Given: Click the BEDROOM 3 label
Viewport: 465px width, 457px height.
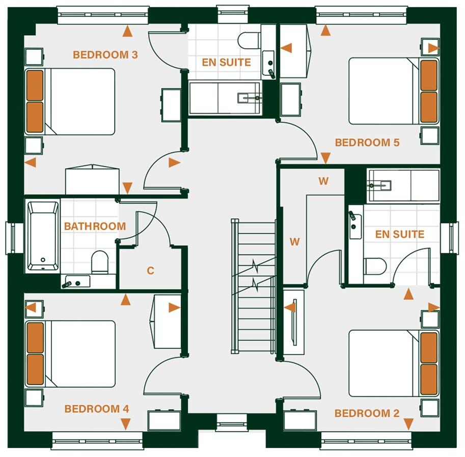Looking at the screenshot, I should (x=105, y=54).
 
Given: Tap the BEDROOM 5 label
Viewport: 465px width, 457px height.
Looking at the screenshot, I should (x=367, y=142).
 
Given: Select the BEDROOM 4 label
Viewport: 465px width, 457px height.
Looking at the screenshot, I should (x=96, y=409).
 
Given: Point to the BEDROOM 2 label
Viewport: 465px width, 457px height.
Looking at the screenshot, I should (x=367, y=413).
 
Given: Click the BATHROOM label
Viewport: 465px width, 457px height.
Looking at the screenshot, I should (x=95, y=226).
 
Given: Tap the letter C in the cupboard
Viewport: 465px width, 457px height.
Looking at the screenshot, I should (x=150, y=271).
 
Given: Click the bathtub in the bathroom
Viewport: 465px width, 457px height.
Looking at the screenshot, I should (x=43, y=236).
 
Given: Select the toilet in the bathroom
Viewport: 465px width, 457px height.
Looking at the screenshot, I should (x=100, y=262).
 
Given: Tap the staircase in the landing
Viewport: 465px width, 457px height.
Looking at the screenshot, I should (x=253, y=285).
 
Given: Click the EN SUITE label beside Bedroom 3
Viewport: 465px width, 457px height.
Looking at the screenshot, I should (x=226, y=63).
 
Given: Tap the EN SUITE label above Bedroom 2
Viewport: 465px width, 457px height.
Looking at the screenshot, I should (x=399, y=234).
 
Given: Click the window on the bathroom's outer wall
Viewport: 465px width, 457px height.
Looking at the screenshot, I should (x=10, y=238).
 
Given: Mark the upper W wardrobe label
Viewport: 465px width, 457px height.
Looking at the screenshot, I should (x=323, y=181).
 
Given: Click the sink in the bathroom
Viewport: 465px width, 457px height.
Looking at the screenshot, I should (x=75, y=281).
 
